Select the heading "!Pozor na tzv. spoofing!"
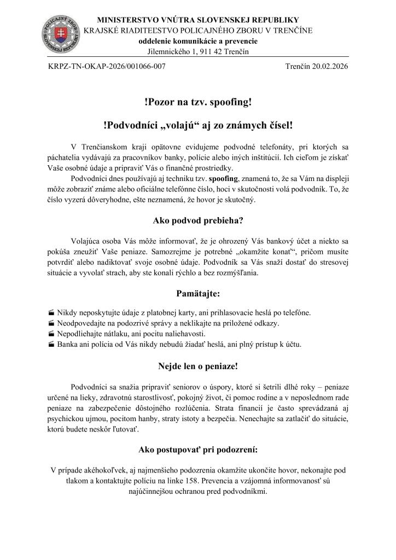(x=197, y=102)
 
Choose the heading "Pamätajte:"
(x=197, y=294)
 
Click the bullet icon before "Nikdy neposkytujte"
(x=51, y=313)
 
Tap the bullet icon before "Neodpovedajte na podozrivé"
(x=51, y=323)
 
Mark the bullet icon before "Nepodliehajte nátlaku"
(x=51, y=334)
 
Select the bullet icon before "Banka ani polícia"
(x=51, y=345)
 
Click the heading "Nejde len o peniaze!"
(x=197, y=367)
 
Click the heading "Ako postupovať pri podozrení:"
(x=197, y=451)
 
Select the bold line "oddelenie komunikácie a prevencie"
(x=197, y=41)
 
